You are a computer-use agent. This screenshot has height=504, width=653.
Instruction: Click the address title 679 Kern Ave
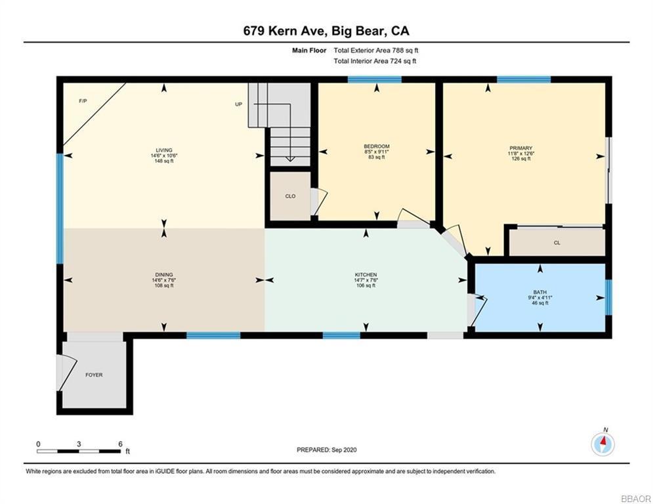[326, 30]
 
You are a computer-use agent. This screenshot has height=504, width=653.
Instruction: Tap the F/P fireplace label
[83, 101]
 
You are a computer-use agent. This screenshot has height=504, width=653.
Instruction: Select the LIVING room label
[164, 150]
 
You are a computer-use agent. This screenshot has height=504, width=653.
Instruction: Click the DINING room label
[164, 274]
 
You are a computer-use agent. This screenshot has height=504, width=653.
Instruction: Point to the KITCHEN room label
[366, 274]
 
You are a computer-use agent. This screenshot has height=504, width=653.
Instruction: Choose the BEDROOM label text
[377, 146]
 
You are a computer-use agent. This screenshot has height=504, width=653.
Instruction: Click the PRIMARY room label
[520, 148]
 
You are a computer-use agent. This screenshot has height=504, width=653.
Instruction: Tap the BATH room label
[539, 292]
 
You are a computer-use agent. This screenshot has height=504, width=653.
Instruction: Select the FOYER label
[94, 375]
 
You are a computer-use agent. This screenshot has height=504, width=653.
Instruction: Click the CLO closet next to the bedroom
[289, 196]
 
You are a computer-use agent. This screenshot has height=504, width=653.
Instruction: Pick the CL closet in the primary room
[557, 242]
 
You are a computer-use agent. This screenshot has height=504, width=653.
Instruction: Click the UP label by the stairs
[239, 104]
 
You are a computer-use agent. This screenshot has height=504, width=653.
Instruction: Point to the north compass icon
[602, 444]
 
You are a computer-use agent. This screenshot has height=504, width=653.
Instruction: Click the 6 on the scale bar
[120, 444]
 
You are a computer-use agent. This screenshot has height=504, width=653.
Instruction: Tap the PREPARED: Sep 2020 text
[326, 450]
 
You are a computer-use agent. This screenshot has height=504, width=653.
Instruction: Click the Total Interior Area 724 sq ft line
[375, 61]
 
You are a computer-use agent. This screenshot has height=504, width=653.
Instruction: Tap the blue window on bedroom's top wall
[374, 79]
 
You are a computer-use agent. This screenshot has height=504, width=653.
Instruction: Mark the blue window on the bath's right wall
[608, 297]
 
